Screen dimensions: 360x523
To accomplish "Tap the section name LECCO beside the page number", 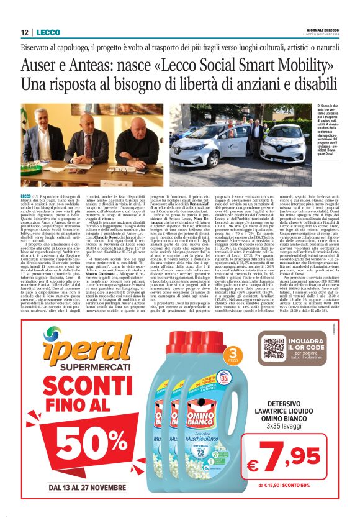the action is coord(48,32).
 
